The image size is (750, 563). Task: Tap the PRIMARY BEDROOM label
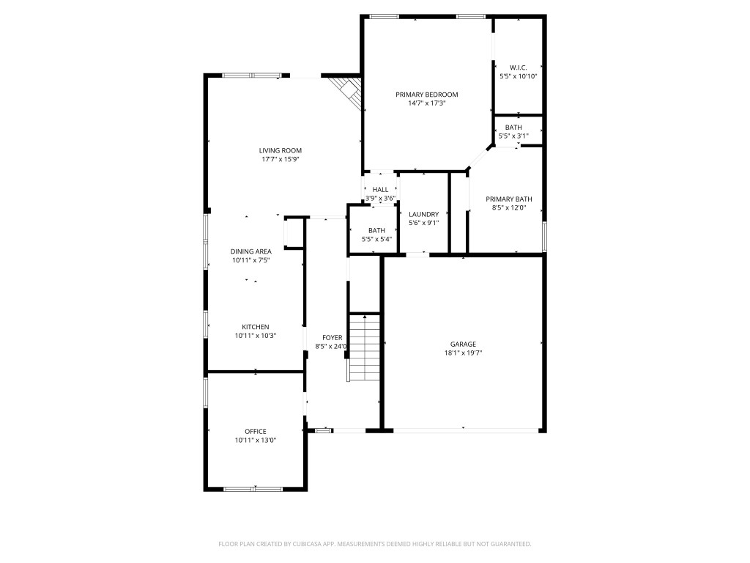click(x=426, y=95)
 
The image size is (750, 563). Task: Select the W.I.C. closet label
click(x=519, y=67)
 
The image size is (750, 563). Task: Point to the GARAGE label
click(x=463, y=344)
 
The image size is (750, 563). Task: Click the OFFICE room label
click(x=256, y=431)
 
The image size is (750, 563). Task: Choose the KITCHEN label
click(x=256, y=327)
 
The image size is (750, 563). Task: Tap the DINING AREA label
click(x=252, y=251)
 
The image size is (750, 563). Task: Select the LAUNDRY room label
click(x=423, y=214)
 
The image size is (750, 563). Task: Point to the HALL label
click(x=380, y=189)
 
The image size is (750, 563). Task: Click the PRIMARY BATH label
click(x=509, y=199)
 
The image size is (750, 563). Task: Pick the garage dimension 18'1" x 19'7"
click(x=463, y=353)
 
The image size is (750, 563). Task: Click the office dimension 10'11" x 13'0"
click(x=256, y=440)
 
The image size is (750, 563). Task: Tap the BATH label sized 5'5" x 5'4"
click(x=376, y=230)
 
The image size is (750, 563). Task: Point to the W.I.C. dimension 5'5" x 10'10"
click(x=519, y=76)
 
